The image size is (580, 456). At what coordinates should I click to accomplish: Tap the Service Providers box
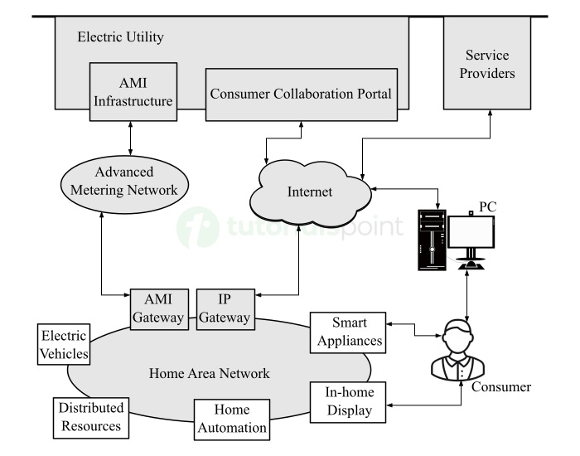click(x=490, y=63)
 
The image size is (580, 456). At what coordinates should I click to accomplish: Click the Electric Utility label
click(x=120, y=37)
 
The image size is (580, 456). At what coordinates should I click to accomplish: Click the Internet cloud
click(x=309, y=192)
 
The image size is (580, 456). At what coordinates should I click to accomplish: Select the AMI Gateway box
click(x=157, y=309)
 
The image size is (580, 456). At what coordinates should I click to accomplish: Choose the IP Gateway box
click(x=224, y=309)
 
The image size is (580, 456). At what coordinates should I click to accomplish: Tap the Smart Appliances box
click(x=349, y=331)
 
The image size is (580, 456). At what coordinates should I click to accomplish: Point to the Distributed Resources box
click(x=90, y=417)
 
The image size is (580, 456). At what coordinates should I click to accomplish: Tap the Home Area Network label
click(x=209, y=374)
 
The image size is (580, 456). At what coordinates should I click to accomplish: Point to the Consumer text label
click(x=501, y=387)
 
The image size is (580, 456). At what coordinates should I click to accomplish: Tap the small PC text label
click(x=488, y=204)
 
